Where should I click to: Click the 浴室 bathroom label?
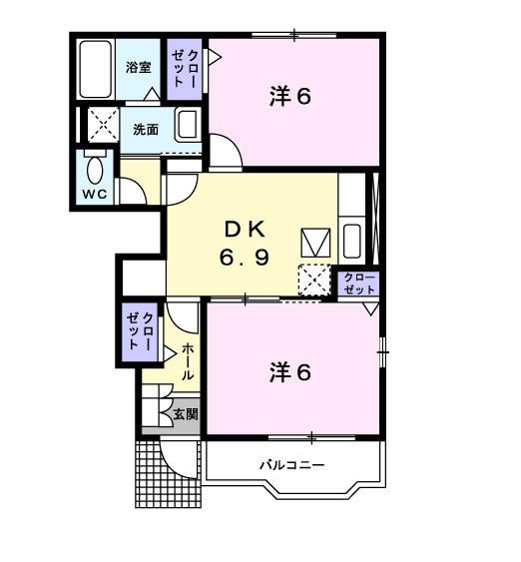[x=138, y=67]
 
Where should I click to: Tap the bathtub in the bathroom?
[x=95, y=69]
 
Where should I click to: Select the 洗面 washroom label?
[x=146, y=130]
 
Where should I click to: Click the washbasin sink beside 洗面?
[x=187, y=124]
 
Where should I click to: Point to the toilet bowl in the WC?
[x=95, y=170]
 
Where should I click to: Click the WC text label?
[x=95, y=195]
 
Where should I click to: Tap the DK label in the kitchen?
[x=245, y=230]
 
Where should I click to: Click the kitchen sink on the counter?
[x=351, y=241]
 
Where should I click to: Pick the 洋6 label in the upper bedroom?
[x=289, y=97]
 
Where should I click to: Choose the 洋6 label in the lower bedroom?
[x=289, y=372]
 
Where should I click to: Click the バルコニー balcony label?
[x=292, y=465]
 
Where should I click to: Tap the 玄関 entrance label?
[x=186, y=414]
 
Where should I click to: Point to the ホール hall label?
[x=188, y=361]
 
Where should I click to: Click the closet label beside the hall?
[x=140, y=331]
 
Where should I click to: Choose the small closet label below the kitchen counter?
[x=359, y=282]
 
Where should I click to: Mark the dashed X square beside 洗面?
[x=103, y=125]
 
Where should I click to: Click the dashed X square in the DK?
[x=314, y=280]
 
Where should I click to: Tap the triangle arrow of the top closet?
[x=215, y=57]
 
